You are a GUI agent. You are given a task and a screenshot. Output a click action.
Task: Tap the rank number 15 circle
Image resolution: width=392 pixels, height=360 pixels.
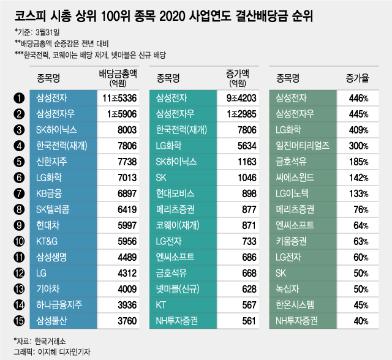coord(20,319)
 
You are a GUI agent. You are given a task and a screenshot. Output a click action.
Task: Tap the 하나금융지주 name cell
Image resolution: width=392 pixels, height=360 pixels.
coord(60,304)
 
